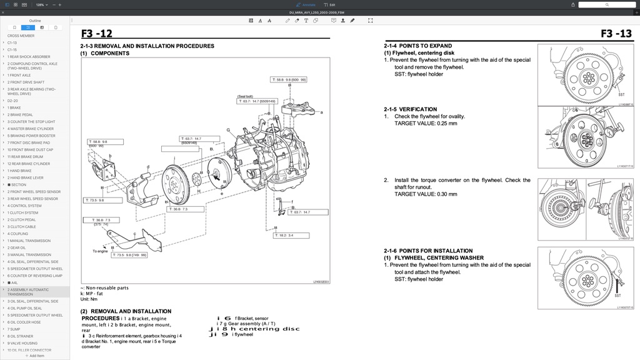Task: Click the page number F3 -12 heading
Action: click(x=97, y=34)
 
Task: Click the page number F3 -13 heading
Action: click(x=616, y=34)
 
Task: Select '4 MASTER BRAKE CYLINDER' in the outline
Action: click(x=31, y=129)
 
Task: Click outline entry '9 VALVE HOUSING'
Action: click(x=22, y=343)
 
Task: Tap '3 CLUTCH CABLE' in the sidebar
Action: click(x=22, y=227)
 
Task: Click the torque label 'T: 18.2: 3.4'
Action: click(x=284, y=235)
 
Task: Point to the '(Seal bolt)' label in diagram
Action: click(x=245, y=96)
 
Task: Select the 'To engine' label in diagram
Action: click(x=100, y=251)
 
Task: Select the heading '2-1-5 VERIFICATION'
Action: click(x=410, y=109)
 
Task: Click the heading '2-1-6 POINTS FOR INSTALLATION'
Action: click(x=428, y=251)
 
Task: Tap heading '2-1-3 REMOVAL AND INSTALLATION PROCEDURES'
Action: click(x=147, y=46)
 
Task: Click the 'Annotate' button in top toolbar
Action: click(x=306, y=4)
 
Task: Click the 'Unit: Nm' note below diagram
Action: click(x=89, y=299)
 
